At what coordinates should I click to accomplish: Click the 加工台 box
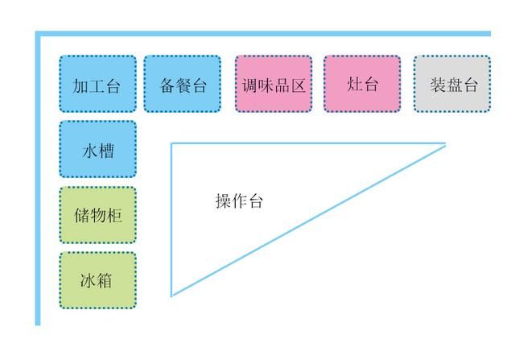click(x=98, y=84)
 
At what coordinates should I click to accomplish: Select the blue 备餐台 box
click(x=183, y=84)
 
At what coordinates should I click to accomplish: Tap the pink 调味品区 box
click(x=274, y=84)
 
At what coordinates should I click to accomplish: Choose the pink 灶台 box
click(x=362, y=84)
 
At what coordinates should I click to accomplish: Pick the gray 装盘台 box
click(x=452, y=84)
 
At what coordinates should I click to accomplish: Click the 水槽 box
click(x=98, y=149)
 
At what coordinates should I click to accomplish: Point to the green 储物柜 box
click(x=98, y=215)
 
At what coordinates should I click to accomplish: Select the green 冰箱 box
click(x=98, y=280)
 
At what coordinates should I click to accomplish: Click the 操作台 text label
click(x=240, y=201)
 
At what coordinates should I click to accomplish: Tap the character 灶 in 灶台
click(x=354, y=84)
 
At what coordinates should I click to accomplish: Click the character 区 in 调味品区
click(x=298, y=85)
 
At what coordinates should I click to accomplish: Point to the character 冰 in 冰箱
click(x=88, y=280)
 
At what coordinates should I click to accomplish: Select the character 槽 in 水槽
click(x=106, y=151)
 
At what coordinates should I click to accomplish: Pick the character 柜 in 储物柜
click(x=114, y=216)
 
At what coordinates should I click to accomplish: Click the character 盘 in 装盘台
click(x=454, y=85)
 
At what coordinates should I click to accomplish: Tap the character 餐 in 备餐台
click(x=183, y=85)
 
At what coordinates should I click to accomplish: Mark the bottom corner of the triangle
click(x=171, y=296)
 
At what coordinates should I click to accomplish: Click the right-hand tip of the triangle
click(x=445, y=144)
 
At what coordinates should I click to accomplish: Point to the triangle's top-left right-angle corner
click(x=171, y=143)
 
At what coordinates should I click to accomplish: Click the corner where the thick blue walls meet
click(x=38, y=34)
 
